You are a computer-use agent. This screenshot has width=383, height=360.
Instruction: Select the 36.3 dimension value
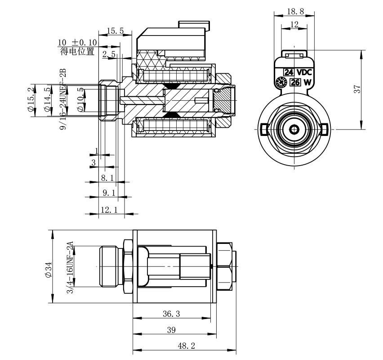(171, 314)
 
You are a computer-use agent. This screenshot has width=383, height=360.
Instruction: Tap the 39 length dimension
(171, 330)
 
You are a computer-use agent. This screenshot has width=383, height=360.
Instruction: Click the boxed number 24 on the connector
(288, 72)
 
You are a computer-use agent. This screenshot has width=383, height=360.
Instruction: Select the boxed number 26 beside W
(295, 82)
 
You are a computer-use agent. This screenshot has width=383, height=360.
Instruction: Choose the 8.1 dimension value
(107, 178)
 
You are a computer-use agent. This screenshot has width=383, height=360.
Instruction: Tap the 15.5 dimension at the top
(115, 31)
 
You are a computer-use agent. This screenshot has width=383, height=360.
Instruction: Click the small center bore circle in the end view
(294, 129)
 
